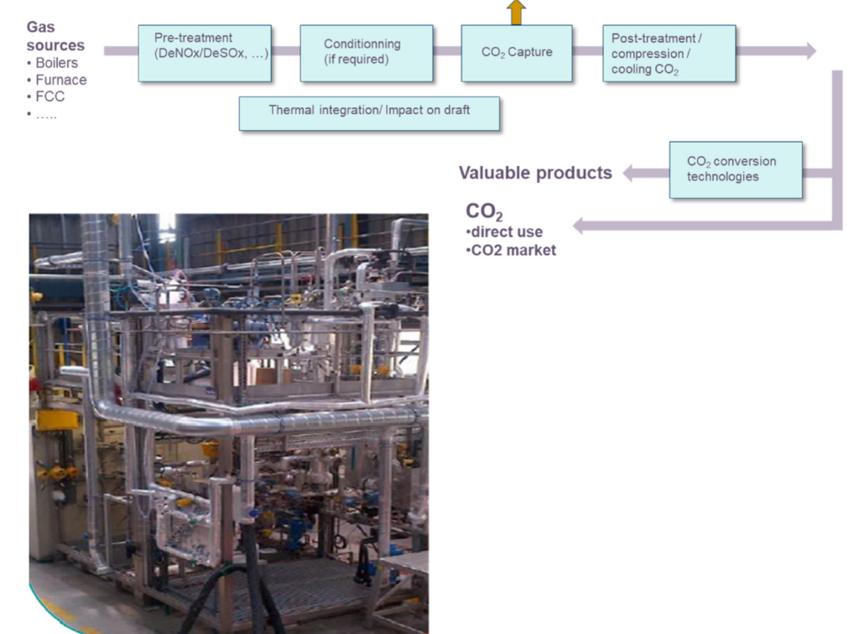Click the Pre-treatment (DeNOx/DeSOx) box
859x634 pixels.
point(204,53)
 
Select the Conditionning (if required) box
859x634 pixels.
point(366,53)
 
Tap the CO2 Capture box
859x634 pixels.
point(516,53)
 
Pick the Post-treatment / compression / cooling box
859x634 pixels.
point(669,53)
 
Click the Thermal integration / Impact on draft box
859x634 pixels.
point(369,112)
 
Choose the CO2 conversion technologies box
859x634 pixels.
point(735,169)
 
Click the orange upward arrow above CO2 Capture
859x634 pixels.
point(516,11)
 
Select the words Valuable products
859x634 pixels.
point(535,174)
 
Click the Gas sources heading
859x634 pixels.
point(55,36)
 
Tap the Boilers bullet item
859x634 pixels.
point(55,63)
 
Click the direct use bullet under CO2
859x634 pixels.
point(506,232)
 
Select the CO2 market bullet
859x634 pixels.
point(513,250)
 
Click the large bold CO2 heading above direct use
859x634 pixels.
point(484,212)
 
